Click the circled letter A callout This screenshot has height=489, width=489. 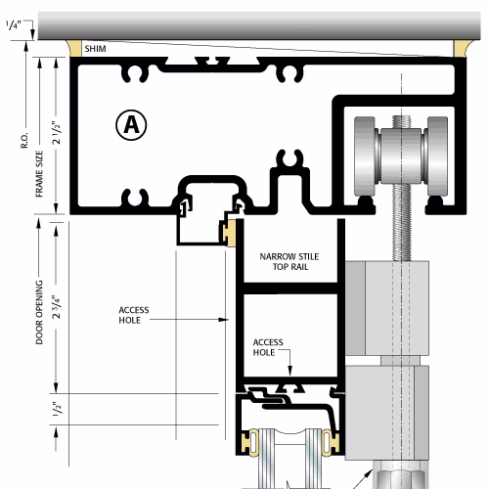click(x=131, y=125)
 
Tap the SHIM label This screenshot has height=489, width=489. click(x=95, y=49)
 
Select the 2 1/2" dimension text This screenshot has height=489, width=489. click(x=57, y=133)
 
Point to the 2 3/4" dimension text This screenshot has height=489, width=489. click(x=57, y=307)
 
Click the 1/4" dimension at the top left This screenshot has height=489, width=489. click(x=14, y=25)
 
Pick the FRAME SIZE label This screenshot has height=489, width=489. click(x=39, y=174)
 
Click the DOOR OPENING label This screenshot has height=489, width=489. click(x=39, y=312)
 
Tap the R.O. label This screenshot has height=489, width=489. click(x=24, y=141)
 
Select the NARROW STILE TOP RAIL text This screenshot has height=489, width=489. click(x=289, y=262)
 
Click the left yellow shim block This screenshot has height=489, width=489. click(x=74, y=48)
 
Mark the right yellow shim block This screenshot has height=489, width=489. click(x=461, y=48)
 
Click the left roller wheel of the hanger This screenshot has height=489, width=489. click(x=365, y=156)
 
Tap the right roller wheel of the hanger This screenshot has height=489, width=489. click(x=437, y=156)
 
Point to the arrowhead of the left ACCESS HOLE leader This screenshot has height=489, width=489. click(x=226, y=320)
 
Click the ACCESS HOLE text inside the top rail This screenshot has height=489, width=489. click(x=268, y=347)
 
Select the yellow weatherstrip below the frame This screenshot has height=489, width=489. click(x=230, y=233)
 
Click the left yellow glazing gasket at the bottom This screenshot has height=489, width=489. click(x=250, y=442)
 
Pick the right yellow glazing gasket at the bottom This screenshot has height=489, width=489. click(x=330, y=442)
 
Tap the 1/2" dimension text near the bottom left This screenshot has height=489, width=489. click(x=57, y=409)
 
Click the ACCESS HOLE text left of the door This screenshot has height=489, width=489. click(x=134, y=315)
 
